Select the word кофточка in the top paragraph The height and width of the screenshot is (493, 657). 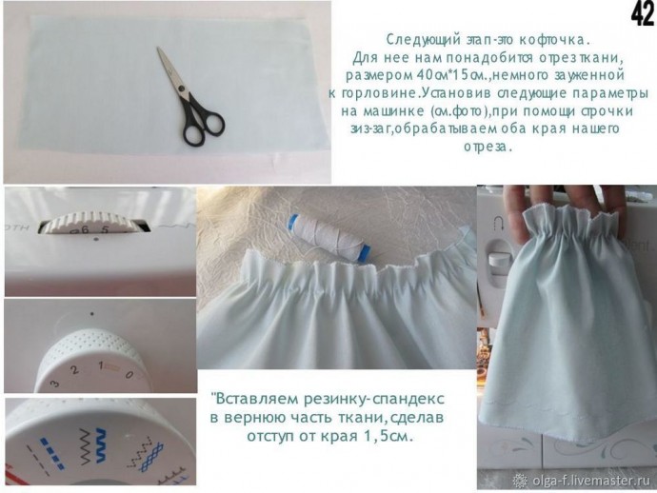click(553, 40)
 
